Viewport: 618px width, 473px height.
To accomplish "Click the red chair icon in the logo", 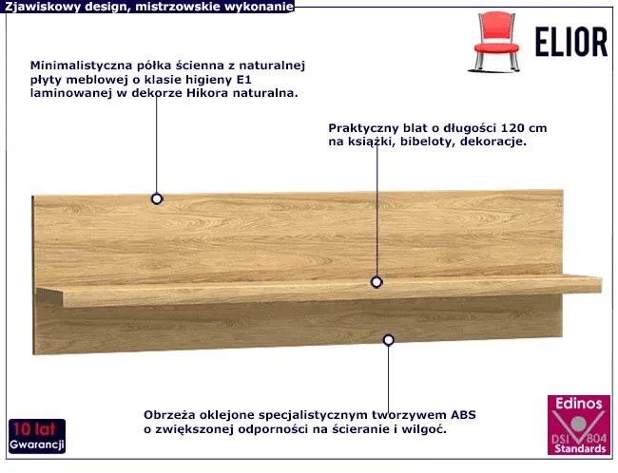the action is pos(495,42).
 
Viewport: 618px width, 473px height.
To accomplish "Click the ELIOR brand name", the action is pos(571,42).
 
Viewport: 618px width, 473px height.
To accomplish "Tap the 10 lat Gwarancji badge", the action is pos(37,436).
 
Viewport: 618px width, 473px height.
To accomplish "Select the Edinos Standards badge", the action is pos(579,425).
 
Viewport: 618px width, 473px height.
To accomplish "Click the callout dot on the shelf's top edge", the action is pos(157,199).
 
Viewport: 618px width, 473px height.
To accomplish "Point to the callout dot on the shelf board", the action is pos(377,282).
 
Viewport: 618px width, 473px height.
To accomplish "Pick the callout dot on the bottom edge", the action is pos(388,339).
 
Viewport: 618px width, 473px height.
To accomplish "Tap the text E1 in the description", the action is pos(243,80).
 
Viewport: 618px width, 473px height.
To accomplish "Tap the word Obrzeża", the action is pos(169,415).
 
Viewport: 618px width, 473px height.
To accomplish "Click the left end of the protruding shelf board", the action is pos(37,294).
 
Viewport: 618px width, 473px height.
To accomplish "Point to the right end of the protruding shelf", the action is pos(601,284).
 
